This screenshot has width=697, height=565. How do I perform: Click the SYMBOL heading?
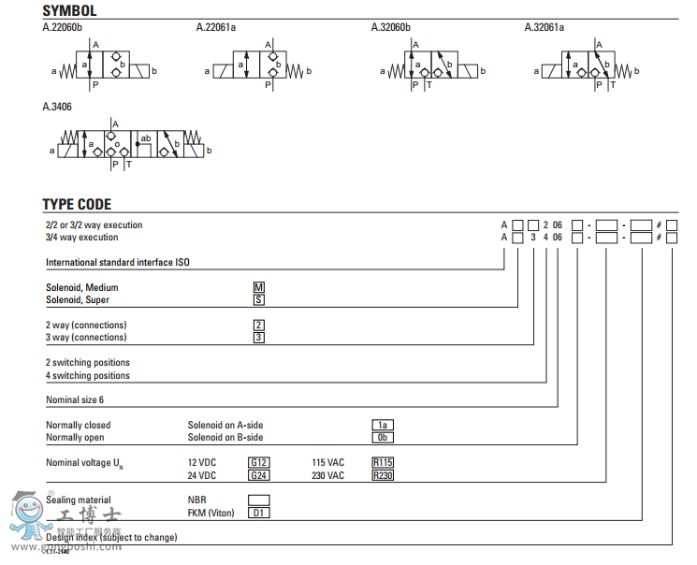click(x=69, y=11)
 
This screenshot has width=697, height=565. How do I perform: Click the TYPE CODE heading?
click(x=77, y=204)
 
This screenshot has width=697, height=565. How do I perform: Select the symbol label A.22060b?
click(x=62, y=27)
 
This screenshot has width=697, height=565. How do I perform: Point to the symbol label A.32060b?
click(x=391, y=27)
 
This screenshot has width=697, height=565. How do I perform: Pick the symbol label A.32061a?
click(x=545, y=27)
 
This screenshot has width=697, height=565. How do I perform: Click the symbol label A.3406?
click(x=57, y=107)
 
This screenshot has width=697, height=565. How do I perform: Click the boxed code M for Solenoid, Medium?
click(x=259, y=287)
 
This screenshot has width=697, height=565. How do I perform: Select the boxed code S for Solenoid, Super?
click(x=259, y=299)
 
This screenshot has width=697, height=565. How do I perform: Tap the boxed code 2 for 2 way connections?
click(x=259, y=325)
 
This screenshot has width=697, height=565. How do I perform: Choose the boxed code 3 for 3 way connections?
click(x=259, y=337)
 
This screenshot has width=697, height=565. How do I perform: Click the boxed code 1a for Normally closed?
click(x=382, y=425)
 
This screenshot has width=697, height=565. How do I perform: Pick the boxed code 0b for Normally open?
click(x=382, y=437)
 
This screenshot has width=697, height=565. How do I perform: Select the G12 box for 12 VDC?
click(x=259, y=462)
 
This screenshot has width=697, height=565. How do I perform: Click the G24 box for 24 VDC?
click(x=259, y=475)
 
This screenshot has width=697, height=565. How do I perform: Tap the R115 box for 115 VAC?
click(x=383, y=462)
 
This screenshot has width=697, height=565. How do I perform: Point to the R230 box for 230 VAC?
click(x=383, y=475)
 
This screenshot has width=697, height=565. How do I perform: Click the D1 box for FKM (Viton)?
click(x=259, y=513)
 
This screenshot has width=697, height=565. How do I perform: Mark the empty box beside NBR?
click(x=259, y=500)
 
